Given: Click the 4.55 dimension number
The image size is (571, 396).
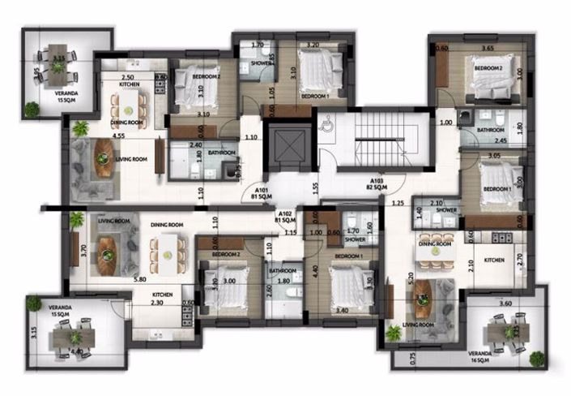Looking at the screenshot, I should [120, 136].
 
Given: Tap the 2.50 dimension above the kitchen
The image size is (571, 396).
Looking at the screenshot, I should [128, 75].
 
